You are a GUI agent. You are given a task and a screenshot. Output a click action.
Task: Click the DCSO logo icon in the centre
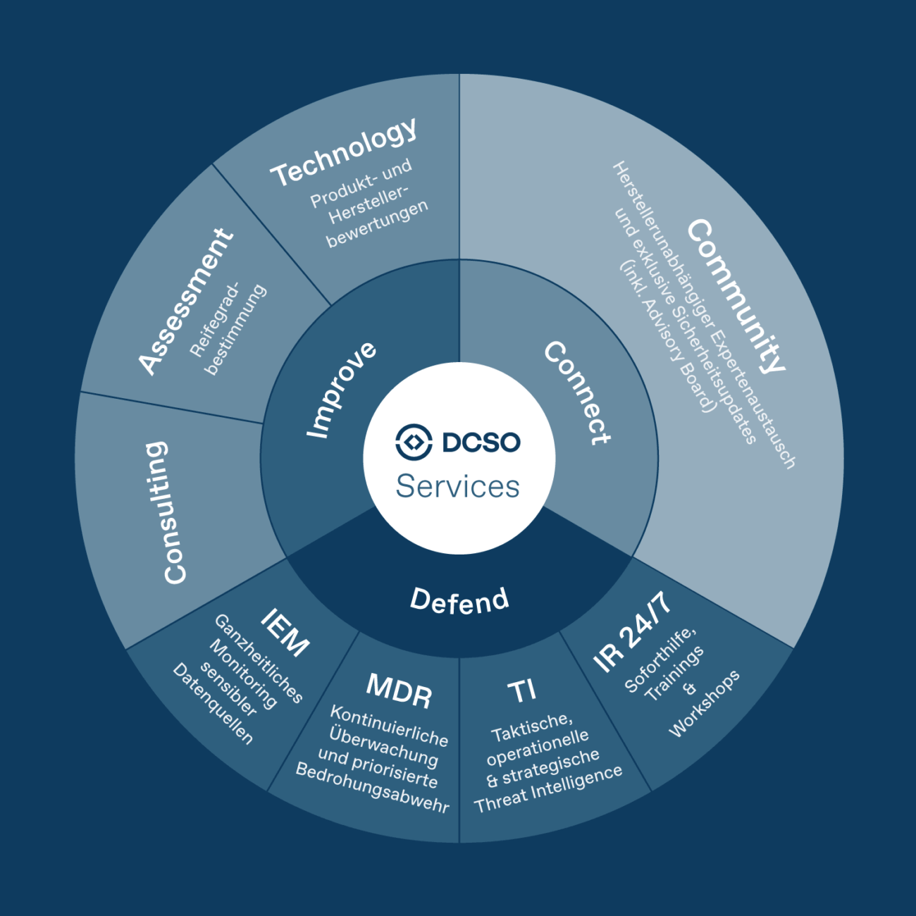414,442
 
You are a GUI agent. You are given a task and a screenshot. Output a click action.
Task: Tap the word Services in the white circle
458,486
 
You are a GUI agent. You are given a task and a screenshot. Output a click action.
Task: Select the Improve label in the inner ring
342,390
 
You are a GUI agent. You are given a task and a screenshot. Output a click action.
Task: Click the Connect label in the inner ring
577,392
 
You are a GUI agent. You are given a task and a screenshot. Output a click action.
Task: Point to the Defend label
459,600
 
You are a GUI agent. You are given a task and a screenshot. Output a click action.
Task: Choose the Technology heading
345,152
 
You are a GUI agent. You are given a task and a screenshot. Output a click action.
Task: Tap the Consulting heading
166,512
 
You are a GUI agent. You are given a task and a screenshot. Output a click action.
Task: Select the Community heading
736,295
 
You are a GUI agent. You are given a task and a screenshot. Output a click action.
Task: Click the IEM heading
285,632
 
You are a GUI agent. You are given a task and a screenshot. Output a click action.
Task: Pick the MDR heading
399,691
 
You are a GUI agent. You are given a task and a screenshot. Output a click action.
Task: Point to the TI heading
522,691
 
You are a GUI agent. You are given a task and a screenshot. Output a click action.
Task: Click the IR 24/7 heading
631,632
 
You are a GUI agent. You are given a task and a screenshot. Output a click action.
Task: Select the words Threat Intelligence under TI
548,788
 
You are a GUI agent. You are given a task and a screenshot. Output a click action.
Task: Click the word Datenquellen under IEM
213,703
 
